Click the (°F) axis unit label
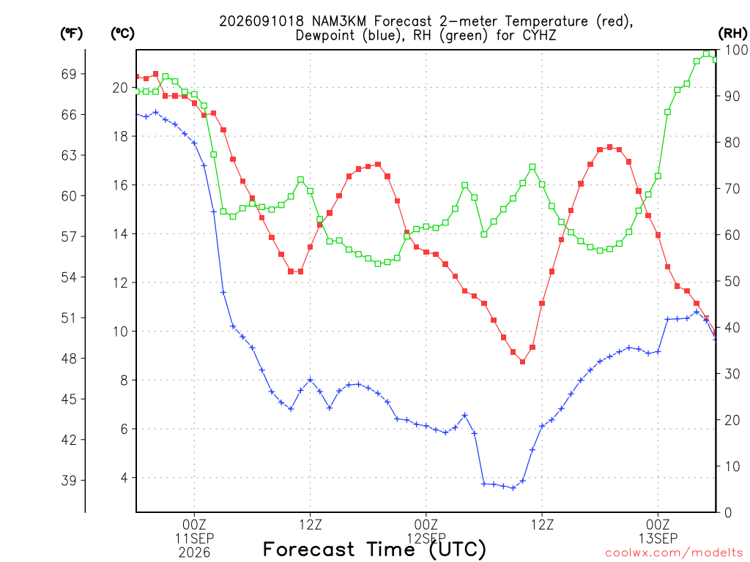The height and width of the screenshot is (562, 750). [71, 34]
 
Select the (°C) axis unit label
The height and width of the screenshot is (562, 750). [122, 34]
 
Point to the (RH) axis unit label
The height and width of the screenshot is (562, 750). [732, 34]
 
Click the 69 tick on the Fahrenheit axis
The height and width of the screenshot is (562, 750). [69, 74]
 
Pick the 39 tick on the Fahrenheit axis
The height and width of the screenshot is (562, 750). [69, 480]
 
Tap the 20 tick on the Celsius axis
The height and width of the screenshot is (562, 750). [121, 88]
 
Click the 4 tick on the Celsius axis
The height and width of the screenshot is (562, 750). [125, 478]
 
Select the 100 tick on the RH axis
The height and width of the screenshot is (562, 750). [737, 50]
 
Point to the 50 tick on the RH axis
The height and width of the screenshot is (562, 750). [732, 282]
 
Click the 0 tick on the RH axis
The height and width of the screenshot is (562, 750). [728, 513]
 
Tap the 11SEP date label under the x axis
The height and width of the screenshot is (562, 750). [194, 539]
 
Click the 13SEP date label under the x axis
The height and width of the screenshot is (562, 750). [658, 539]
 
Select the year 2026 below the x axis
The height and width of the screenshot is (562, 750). [194, 553]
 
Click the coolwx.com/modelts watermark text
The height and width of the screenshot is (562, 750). [675, 553]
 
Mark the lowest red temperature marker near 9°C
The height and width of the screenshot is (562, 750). [523, 361]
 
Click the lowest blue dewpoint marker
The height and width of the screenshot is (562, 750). [513, 488]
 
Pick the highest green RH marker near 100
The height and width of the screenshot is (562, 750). [707, 53]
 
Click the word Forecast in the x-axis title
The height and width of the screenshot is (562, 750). [309, 550]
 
